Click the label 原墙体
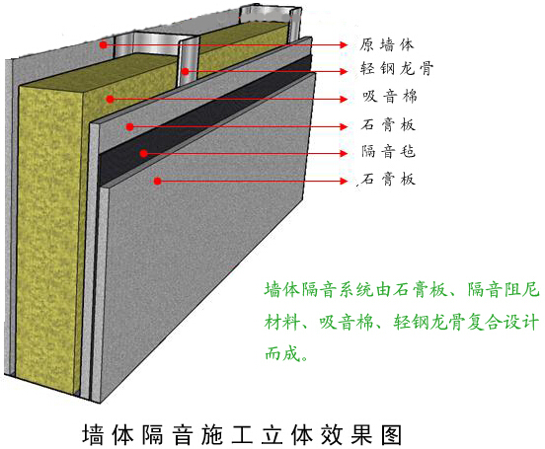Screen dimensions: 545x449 pyautogui.click(x=386, y=44)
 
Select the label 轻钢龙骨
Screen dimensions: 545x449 pyautogui.click(x=397, y=68)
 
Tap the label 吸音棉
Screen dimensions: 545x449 pyautogui.click(x=390, y=97)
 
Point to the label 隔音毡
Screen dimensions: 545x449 pyautogui.click(x=388, y=152)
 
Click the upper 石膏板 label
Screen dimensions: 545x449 pyautogui.click(x=388, y=124)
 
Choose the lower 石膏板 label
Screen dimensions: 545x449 pyautogui.click(x=388, y=180)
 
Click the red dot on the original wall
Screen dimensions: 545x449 pyautogui.click(x=103, y=44)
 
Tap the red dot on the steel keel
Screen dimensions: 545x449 pyautogui.click(x=186, y=72)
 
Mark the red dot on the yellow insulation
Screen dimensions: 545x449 pyautogui.click(x=111, y=100)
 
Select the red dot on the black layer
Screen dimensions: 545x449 pyautogui.click(x=144, y=153)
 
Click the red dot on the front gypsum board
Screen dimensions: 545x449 pyautogui.click(x=157, y=181)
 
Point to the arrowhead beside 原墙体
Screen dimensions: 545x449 pyautogui.click(x=344, y=44)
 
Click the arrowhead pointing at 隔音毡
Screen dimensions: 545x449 pyautogui.click(x=344, y=153)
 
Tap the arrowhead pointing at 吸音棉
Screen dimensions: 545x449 pyautogui.click(x=344, y=100)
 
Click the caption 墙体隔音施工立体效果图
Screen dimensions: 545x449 pyautogui.click(x=242, y=434)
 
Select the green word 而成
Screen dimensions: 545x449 pyautogui.click(x=282, y=354)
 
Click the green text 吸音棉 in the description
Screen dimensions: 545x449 pyautogui.click(x=347, y=322)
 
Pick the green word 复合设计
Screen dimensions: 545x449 pyautogui.click(x=504, y=322)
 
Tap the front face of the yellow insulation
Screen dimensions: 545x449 pyautogui.click(x=48, y=240)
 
